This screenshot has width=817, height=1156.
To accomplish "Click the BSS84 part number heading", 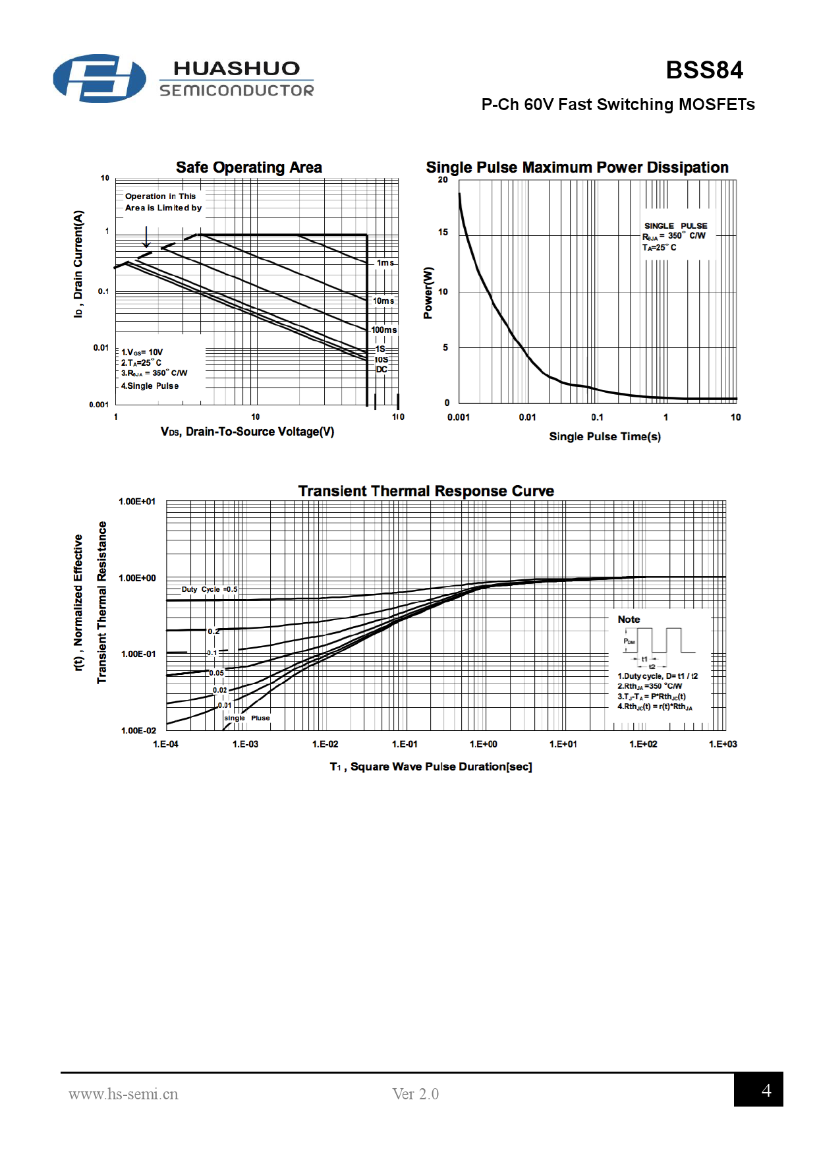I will (x=704, y=70).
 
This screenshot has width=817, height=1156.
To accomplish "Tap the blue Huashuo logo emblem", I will (x=99, y=78).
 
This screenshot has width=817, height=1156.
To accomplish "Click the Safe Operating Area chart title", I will (x=248, y=167).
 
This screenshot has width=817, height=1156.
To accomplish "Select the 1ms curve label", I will (x=385, y=263).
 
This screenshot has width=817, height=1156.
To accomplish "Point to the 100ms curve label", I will (x=384, y=330).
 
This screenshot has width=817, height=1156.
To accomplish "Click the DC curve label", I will (x=381, y=369).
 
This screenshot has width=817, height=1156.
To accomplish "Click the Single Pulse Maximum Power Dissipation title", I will (x=577, y=167).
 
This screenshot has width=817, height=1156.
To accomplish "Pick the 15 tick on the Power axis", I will (x=443, y=232).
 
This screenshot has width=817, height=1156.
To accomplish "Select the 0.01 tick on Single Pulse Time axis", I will (x=527, y=417).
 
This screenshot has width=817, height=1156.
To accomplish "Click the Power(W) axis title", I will (x=428, y=293).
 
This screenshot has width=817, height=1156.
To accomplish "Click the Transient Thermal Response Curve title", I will (x=426, y=491).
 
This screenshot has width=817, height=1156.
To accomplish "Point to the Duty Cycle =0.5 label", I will (x=210, y=589).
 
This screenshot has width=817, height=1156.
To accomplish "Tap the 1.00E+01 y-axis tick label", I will (x=137, y=502).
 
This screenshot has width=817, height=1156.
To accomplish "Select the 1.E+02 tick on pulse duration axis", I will (x=643, y=744).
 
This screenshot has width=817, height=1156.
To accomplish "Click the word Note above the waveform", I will (x=629, y=620).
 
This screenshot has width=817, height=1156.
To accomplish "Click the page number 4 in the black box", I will (x=766, y=1091).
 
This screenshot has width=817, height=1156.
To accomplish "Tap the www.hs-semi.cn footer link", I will (x=123, y=1094).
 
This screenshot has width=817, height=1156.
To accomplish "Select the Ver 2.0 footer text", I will (x=415, y=1094).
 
